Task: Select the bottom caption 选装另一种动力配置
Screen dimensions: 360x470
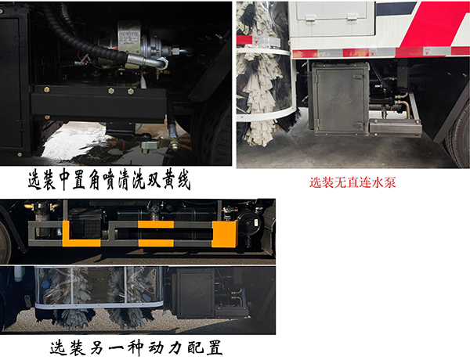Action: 141,345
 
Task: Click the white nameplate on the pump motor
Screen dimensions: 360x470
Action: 132,36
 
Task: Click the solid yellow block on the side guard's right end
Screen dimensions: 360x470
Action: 224,233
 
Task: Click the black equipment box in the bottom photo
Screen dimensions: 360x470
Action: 193,293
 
